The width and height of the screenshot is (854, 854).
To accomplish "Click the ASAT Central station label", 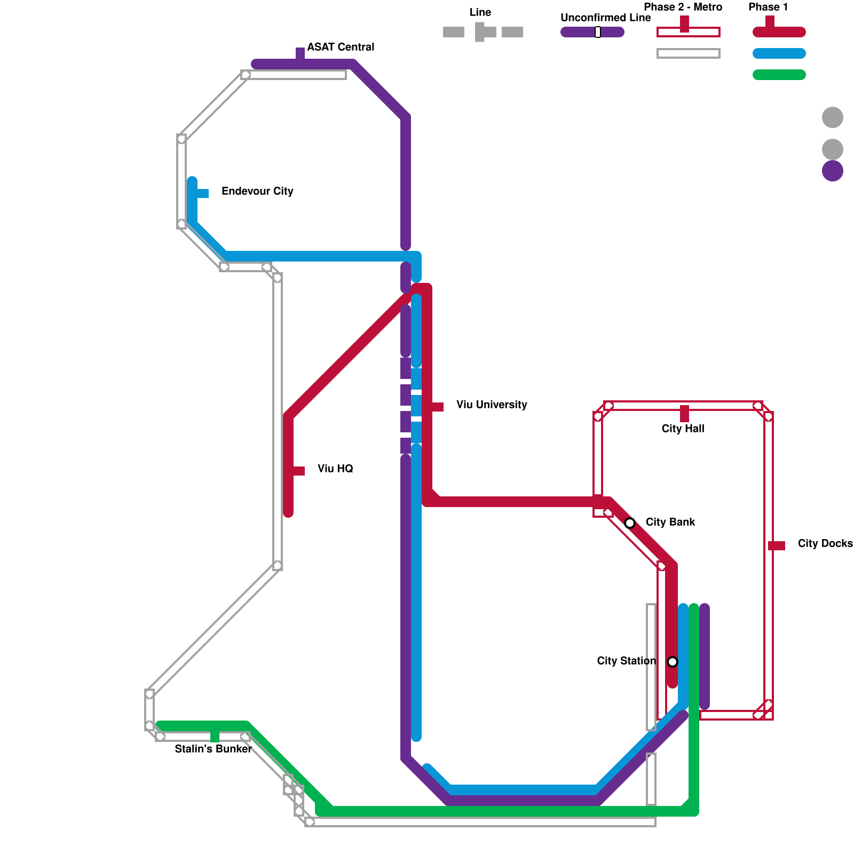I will click(341, 47).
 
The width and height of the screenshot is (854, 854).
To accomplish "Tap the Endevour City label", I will click(257, 191).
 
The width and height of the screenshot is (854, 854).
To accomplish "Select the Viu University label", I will click(492, 405).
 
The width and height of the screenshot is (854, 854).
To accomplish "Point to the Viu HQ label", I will click(335, 469).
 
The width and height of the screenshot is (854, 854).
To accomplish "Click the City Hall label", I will click(683, 429).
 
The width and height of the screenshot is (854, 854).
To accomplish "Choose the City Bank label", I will click(670, 522).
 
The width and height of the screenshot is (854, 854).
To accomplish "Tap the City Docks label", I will click(825, 543).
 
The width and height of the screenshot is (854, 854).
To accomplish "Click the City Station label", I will click(626, 661).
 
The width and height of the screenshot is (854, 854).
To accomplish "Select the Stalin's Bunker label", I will click(213, 749).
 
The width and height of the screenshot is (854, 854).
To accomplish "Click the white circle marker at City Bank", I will click(630, 523).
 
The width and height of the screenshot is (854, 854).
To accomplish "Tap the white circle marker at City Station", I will click(673, 662).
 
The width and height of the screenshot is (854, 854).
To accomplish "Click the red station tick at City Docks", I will click(777, 545).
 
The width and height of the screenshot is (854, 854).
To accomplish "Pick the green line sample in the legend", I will click(779, 75).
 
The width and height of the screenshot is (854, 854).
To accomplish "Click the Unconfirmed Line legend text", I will click(605, 18).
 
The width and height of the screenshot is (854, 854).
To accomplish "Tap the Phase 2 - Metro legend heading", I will click(683, 7).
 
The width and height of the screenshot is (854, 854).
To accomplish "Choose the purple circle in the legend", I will click(832, 171).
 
